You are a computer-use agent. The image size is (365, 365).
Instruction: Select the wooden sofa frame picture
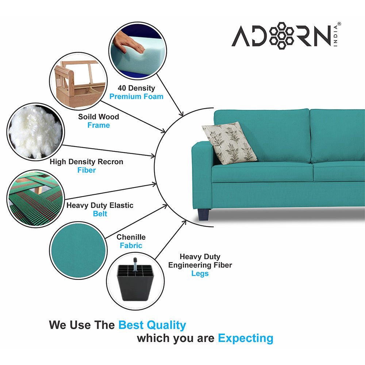tap(77, 81)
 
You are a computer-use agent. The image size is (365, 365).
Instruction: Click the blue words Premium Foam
tap(137, 97)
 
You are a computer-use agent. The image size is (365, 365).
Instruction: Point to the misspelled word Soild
tap(87, 117)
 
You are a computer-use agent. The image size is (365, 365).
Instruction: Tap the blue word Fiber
tap(87, 170)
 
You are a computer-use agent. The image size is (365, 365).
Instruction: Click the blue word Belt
tap(100, 214)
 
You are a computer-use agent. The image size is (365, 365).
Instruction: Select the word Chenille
tap(131, 237)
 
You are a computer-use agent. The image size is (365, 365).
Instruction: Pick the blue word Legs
tap(200, 273)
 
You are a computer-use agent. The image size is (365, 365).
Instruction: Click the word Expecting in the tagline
tap(245, 338)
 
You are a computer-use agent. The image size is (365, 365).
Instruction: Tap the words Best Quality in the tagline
tap(152, 325)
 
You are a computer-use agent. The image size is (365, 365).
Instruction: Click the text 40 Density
tap(136, 88)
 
